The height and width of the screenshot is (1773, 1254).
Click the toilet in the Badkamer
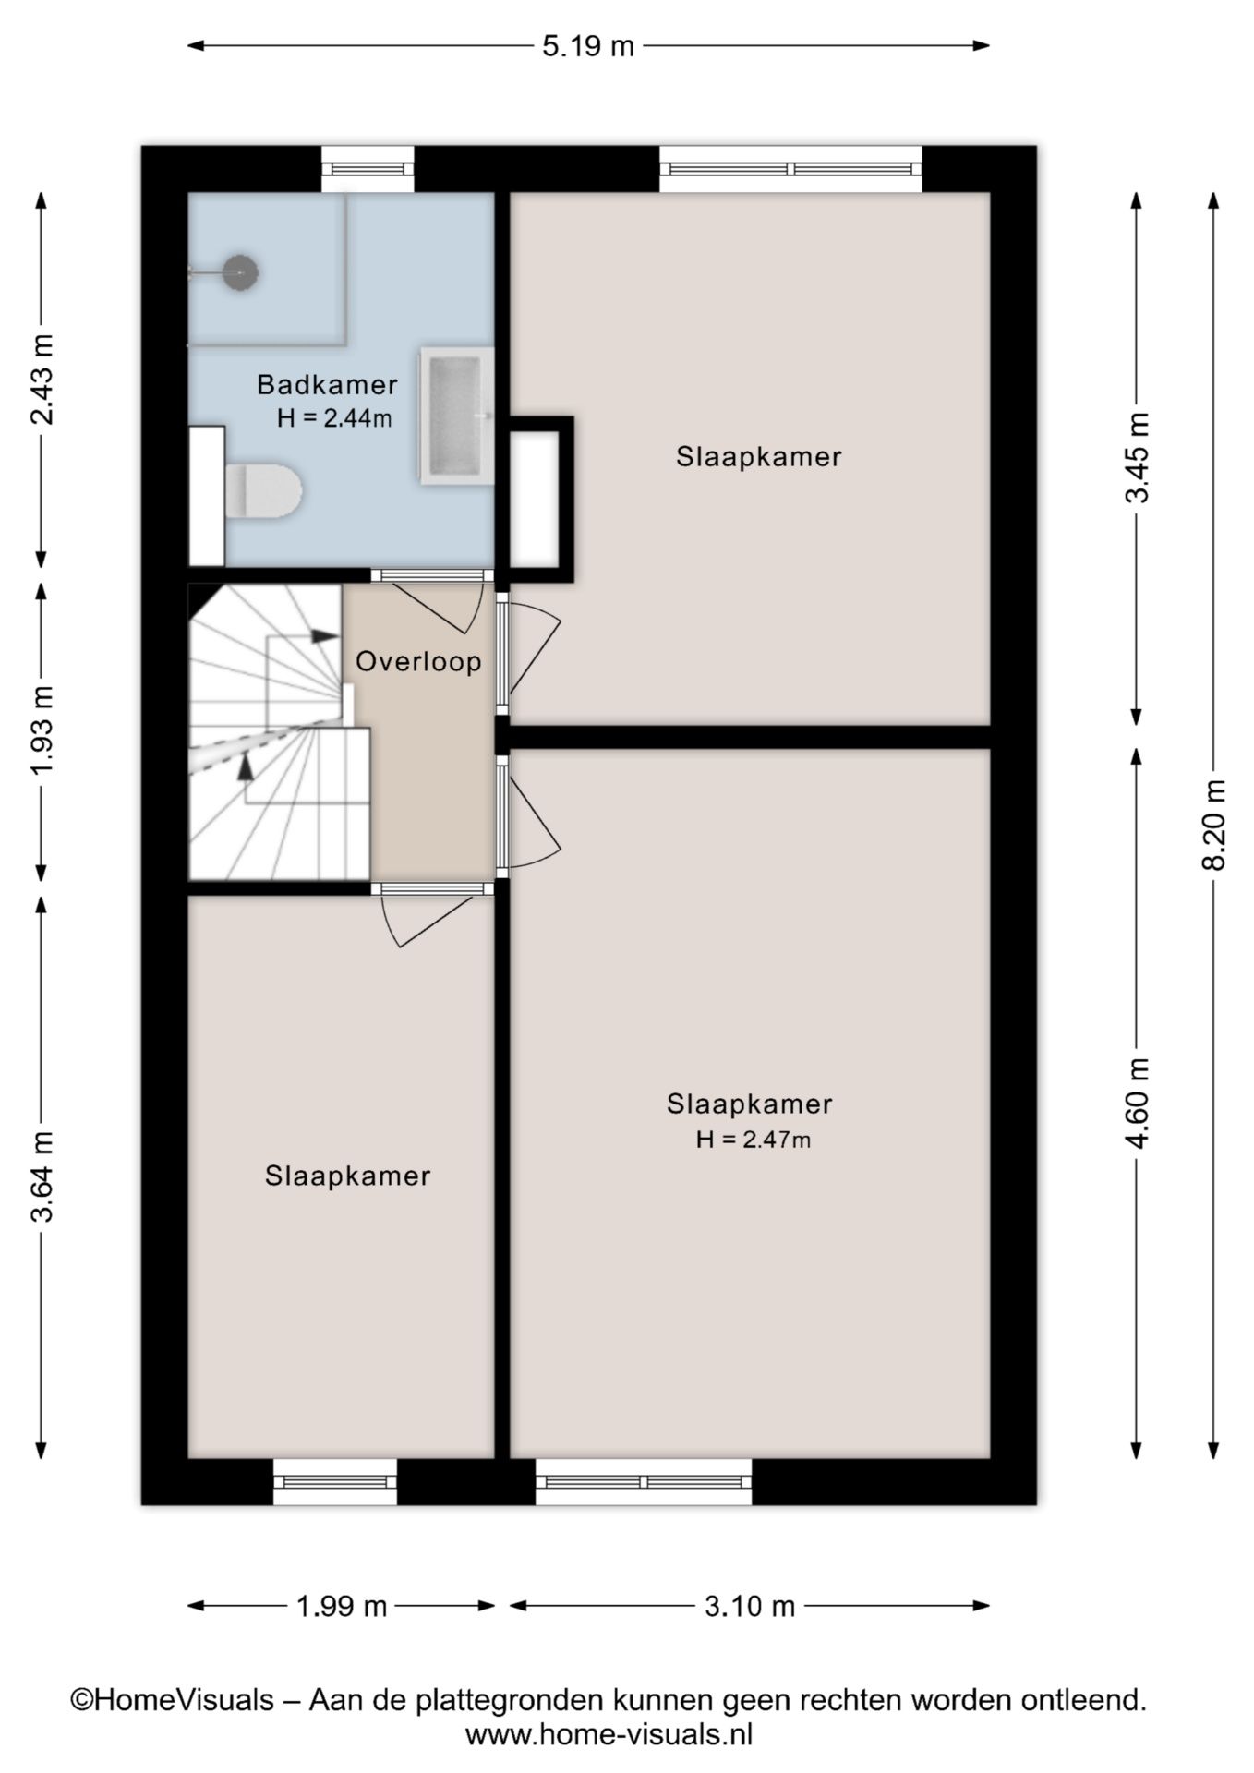point(264,490)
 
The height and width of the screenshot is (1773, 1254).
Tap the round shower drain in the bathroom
point(240,272)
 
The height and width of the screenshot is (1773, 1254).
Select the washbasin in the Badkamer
point(457,416)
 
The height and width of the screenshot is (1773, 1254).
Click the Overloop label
point(418,662)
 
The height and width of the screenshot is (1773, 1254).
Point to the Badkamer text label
point(327,384)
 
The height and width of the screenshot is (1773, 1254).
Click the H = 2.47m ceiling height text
point(754,1140)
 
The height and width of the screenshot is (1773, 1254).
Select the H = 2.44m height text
point(334,418)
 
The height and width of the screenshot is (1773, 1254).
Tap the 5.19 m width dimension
point(588,45)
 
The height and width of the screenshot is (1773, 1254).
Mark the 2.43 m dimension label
point(42,379)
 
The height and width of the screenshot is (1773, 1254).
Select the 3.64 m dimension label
point(42,1176)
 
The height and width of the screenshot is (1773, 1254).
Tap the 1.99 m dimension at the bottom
point(342,1606)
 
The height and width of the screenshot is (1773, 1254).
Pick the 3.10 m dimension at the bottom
point(750,1606)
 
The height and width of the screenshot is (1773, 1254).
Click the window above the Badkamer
point(368,169)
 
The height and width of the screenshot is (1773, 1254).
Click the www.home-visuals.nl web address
point(609,1734)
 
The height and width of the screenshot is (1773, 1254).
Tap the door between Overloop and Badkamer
point(431,575)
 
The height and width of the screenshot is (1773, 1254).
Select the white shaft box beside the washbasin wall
point(535,499)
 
